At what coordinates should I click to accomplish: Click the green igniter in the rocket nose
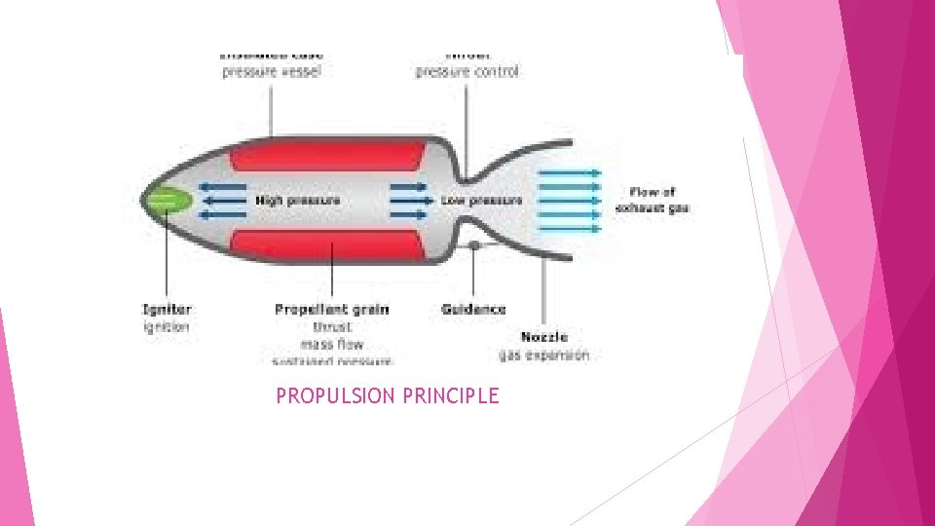click(x=168, y=201)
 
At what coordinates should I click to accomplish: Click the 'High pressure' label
click(x=298, y=201)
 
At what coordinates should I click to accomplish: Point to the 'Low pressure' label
click(x=481, y=201)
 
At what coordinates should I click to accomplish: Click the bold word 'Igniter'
click(x=168, y=310)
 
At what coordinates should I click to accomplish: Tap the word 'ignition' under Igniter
click(x=167, y=327)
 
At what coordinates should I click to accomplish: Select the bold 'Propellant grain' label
click(x=331, y=310)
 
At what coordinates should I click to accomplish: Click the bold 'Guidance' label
click(x=473, y=310)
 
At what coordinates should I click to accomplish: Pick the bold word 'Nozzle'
click(x=544, y=337)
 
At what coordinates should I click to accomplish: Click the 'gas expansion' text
click(x=544, y=356)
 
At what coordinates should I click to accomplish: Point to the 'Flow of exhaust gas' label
click(x=653, y=200)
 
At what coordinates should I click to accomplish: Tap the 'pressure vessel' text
click(x=271, y=71)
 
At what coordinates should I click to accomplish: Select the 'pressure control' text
click(x=467, y=71)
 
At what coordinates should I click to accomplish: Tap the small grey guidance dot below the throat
click(x=474, y=245)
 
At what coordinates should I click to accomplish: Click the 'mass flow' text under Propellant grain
click(x=332, y=344)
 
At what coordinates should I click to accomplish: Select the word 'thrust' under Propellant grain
click(x=332, y=327)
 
